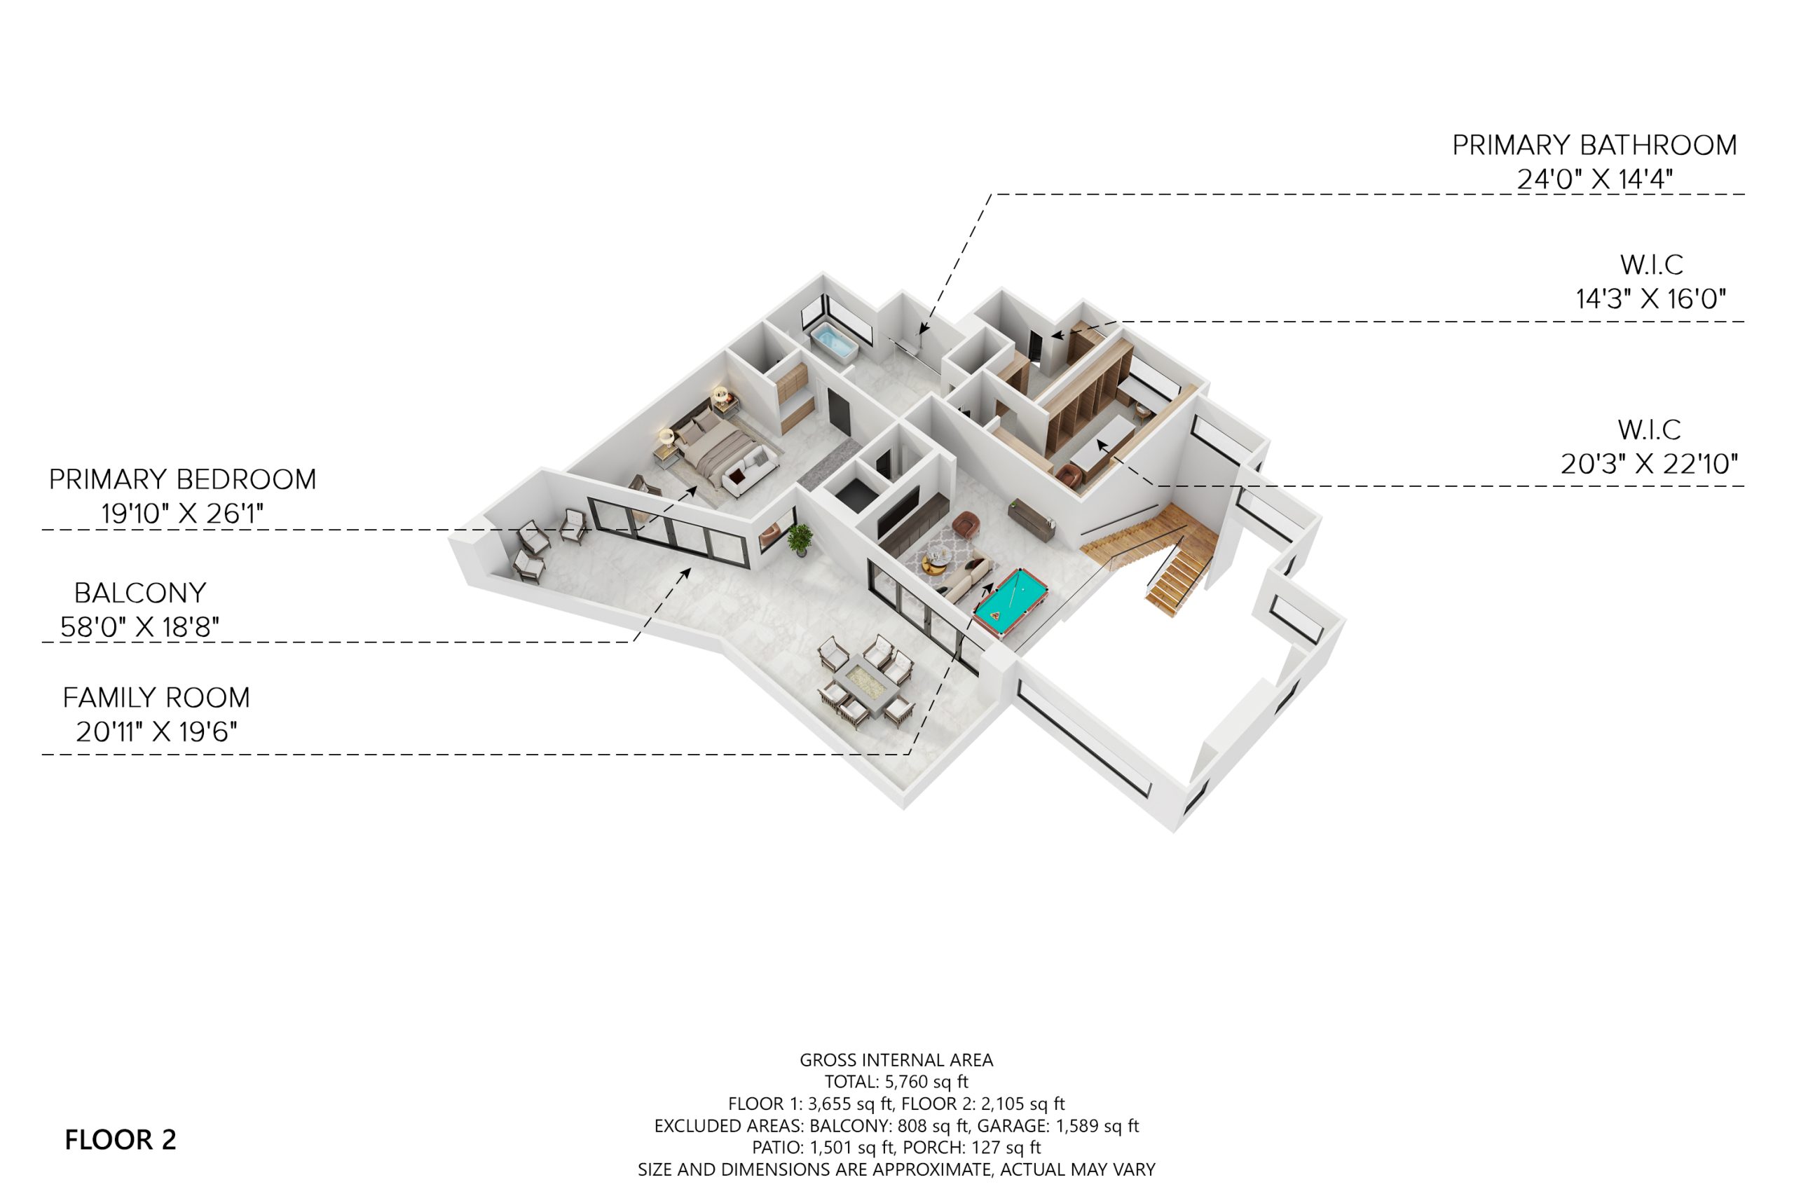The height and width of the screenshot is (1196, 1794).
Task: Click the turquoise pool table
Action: pyautogui.click(x=1010, y=603)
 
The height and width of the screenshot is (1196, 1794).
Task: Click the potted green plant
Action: pyautogui.click(x=800, y=539)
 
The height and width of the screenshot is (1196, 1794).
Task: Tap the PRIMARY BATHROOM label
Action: pyautogui.click(x=1594, y=145)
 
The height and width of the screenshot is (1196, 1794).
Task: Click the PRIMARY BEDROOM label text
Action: pyautogui.click(x=182, y=479)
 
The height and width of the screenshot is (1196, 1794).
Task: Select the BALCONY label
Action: pyautogui.click(x=139, y=593)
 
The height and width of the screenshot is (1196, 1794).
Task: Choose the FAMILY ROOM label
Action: pyautogui.click(x=156, y=697)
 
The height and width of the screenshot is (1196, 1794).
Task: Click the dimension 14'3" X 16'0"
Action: pyautogui.click(x=1651, y=298)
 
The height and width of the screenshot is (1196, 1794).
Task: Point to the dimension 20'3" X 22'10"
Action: pyautogui.click(x=1649, y=463)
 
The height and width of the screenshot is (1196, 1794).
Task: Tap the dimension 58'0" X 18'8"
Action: pyautogui.click(x=139, y=627)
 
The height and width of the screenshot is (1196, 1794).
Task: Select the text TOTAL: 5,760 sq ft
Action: pyautogui.click(x=896, y=1082)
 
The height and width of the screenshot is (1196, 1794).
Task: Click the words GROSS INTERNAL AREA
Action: pyautogui.click(x=896, y=1060)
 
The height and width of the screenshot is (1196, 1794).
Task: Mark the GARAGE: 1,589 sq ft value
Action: pyautogui.click(x=1058, y=1126)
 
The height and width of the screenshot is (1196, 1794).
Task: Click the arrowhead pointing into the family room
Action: pyautogui.click(x=989, y=587)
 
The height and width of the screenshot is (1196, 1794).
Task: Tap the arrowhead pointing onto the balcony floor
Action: pyautogui.click(x=687, y=574)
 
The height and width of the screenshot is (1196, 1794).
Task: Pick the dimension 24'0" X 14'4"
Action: pyautogui.click(x=1595, y=179)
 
